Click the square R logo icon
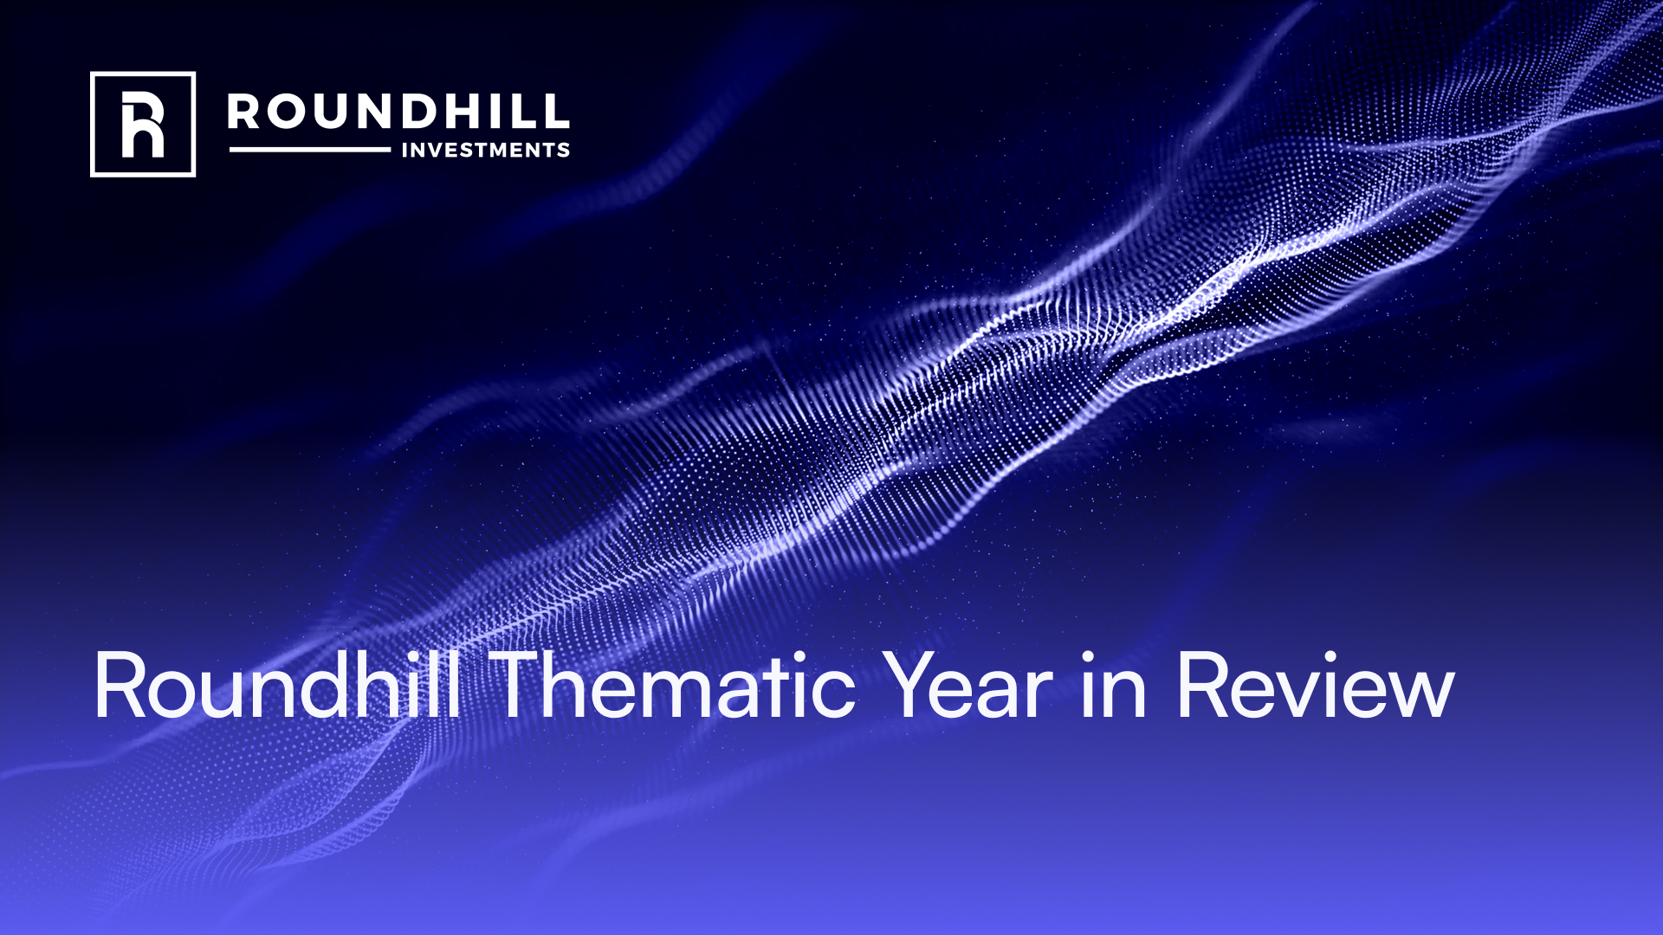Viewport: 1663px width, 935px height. (143, 124)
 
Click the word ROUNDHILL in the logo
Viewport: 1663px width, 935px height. (398, 112)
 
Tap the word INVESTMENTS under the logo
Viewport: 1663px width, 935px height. (485, 151)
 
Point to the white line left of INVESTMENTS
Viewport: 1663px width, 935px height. (309, 150)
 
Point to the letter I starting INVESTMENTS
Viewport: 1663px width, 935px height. (405, 151)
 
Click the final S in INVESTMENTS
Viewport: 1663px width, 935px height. (564, 151)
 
